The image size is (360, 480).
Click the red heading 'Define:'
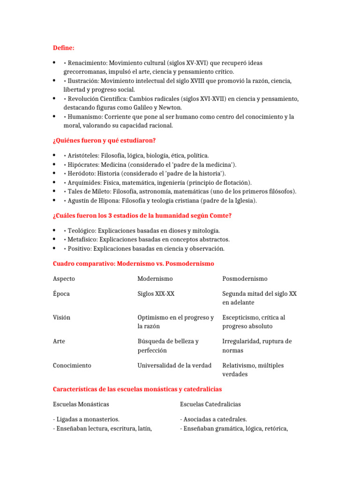coord(63,48)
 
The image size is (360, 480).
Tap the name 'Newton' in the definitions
coord(171,107)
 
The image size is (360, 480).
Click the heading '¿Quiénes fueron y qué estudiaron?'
coord(104,140)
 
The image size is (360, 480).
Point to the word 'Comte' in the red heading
coord(220,215)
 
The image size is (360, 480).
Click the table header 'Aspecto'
coord(64,278)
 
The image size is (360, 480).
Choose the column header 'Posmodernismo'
coord(245,278)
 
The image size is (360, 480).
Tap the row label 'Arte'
coord(59,341)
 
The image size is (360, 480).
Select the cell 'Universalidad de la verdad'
coord(174,365)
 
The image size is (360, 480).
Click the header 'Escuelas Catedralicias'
coord(210,404)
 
